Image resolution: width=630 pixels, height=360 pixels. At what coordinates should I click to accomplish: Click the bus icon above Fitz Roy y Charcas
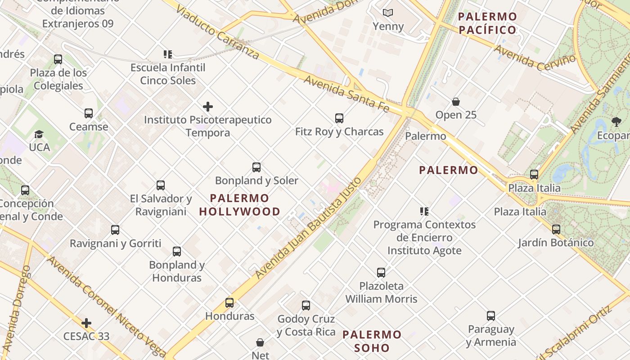pyautogui.click(x=339, y=118)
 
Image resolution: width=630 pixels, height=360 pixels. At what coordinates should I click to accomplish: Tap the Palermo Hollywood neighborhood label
pyautogui.click(x=239, y=205)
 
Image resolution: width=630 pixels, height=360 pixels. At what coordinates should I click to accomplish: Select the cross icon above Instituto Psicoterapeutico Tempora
pyautogui.click(x=208, y=107)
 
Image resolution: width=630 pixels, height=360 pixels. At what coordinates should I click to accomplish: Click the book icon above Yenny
pyautogui.click(x=388, y=13)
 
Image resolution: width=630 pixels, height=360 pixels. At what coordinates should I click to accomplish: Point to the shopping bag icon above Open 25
pyautogui.click(x=456, y=102)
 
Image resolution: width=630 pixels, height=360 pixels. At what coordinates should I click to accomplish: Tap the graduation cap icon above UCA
pyautogui.click(x=39, y=135)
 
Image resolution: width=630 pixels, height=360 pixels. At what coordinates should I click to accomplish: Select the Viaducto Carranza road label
pyautogui.click(x=218, y=32)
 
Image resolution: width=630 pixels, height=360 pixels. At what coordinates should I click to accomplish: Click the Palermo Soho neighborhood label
pyautogui.click(x=372, y=341)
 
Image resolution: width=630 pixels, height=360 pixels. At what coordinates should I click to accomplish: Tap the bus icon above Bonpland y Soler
pyautogui.click(x=256, y=167)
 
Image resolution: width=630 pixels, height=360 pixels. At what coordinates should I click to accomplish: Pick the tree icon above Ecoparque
pyautogui.click(x=616, y=122)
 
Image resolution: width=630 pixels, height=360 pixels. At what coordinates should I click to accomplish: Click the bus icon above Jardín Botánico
pyautogui.click(x=556, y=229)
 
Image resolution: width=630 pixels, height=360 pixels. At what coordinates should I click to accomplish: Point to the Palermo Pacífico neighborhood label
pyautogui.click(x=487, y=23)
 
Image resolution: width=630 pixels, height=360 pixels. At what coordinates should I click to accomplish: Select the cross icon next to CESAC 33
pyautogui.click(x=86, y=323)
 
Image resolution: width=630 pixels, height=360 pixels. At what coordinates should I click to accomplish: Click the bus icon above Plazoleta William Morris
pyautogui.click(x=381, y=272)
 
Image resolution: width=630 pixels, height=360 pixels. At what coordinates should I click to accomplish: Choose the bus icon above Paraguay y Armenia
pyautogui.click(x=491, y=316)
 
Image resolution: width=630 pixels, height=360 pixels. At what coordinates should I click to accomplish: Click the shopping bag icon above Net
pyautogui.click(x=260, y=342)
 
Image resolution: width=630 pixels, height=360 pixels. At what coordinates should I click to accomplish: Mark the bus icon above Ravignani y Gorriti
pyautogui.click(x=115, y=230)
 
